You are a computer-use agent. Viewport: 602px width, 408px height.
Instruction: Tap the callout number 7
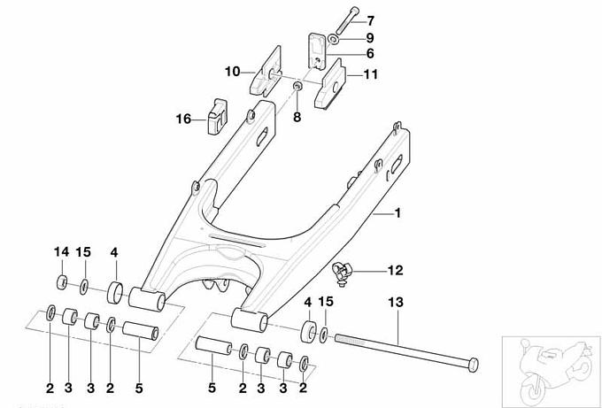(x=371, y=19)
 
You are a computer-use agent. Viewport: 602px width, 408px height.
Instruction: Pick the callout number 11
(x=370, y=75)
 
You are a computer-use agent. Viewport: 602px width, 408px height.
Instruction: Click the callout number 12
(x=394, y=268)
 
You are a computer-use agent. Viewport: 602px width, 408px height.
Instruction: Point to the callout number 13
(x=395, y=303)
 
